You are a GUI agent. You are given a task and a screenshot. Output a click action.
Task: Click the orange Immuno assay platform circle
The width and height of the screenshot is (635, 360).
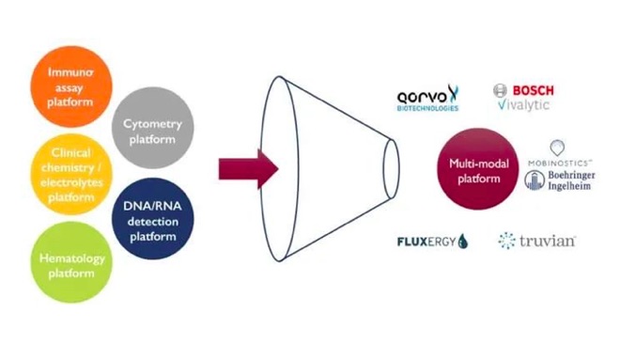(x=71, y=86)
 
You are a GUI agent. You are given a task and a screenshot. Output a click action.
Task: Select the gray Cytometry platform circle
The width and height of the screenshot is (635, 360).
(x=153, y=128)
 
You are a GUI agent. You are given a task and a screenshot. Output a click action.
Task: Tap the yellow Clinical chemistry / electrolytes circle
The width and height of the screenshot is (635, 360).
(x=71, y=174)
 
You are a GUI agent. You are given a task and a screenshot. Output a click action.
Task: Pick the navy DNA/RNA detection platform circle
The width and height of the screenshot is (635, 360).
(x=153, y=218)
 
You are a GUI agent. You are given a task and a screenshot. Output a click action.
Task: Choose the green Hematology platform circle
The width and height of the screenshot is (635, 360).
(x=71, y=262)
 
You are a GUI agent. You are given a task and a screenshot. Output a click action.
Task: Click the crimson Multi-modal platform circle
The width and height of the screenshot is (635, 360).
(x=478, y=169)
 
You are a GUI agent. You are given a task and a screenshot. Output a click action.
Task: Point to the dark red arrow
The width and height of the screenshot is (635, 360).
(x=248, y=169)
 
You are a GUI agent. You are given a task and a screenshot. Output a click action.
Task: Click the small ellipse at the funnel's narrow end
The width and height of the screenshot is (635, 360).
(x=391, y=169)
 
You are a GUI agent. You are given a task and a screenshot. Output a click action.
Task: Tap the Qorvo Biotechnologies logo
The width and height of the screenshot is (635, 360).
(x=427, y=98)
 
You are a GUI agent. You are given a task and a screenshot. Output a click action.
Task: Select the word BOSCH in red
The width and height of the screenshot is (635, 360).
(x=533, y=90)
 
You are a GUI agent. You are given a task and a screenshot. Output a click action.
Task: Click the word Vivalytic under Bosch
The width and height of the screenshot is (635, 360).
(x=523, y=105)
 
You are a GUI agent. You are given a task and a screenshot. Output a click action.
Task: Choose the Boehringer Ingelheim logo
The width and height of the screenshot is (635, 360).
(x=560, y=180)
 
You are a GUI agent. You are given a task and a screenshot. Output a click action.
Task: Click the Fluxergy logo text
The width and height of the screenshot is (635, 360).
(x=426, y=242)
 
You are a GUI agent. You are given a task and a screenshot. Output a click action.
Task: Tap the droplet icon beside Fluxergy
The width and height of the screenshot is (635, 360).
(x=462, y=242)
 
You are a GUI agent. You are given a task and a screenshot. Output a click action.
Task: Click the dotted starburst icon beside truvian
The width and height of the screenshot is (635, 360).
(x=506, y=241)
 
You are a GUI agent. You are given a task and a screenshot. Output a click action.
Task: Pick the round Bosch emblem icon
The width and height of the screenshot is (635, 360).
(x=500, y=90)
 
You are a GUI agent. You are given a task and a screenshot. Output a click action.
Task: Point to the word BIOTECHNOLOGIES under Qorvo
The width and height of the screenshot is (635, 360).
(x=427, y=108)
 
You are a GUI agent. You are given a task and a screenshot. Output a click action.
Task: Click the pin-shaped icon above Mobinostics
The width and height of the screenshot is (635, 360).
(x=557, y=148)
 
